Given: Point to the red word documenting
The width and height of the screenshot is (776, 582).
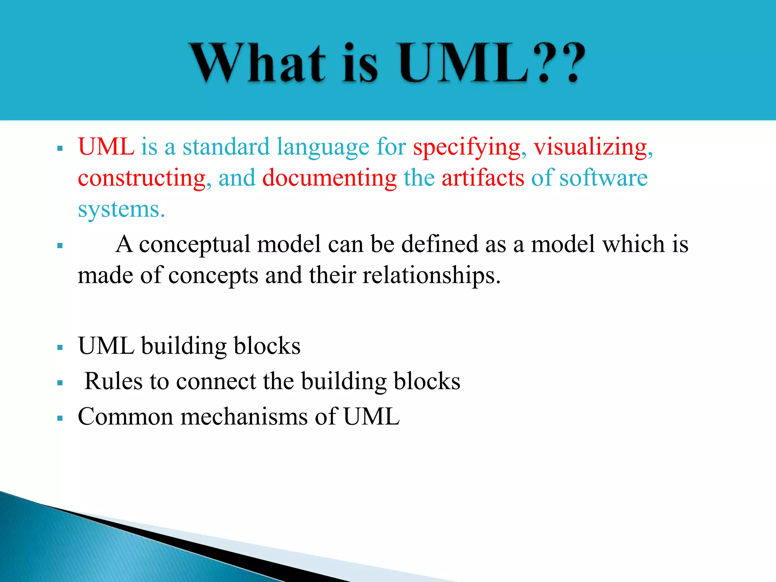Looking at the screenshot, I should coord(329,178).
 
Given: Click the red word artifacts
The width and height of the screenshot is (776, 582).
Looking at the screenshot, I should coord(483,178).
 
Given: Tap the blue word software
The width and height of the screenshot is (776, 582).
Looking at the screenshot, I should coord(604,178).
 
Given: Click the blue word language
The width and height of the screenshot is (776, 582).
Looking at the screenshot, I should coord(323,147).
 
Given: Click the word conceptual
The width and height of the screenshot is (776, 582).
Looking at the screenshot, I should coord(194,244).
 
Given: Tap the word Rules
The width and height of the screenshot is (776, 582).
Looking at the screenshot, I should coord(113,381).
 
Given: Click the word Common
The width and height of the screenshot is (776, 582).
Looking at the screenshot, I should coord(125,416).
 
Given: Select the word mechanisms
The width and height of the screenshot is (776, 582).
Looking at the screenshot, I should coord(244,416).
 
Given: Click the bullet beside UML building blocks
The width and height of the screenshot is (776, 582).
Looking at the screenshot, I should coord(59,347).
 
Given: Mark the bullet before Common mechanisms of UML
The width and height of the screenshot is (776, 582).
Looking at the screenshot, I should coord(59,418).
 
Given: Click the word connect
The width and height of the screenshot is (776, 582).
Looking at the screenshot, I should coord(216,381).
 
